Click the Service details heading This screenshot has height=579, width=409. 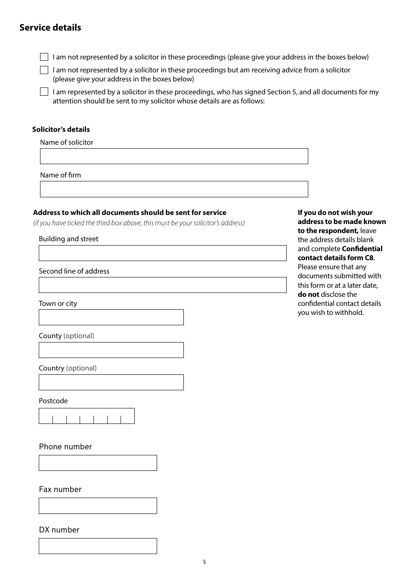50,28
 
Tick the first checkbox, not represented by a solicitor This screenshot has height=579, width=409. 44,57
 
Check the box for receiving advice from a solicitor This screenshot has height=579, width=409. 44,70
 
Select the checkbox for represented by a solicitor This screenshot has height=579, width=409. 44,92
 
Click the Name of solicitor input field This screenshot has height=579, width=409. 174,156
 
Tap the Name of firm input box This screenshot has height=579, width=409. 174,189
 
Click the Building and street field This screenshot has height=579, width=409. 162,253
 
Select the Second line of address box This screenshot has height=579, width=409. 162,285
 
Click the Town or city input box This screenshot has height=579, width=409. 111,318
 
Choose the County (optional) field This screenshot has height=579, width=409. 111,350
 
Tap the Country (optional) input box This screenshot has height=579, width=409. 111,383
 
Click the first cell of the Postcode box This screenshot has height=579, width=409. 46,416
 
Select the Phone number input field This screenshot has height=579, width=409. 98,463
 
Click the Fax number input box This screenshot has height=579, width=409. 98,506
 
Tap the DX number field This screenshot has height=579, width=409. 98,546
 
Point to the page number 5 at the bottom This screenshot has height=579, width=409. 204,562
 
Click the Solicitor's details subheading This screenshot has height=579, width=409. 61,129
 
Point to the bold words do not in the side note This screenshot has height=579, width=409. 308,295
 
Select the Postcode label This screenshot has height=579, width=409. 53,401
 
